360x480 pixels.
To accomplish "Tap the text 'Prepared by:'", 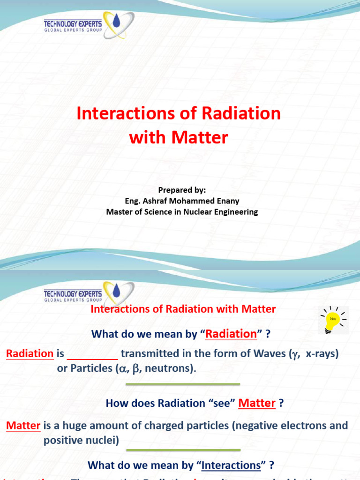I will (182, 190).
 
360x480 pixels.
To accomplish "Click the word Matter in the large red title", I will (200, 137).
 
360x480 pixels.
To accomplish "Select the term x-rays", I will (322, 354).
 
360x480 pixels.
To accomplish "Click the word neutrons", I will (169, 368).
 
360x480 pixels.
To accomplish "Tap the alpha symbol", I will (123, 369).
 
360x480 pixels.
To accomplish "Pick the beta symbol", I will (136, 369).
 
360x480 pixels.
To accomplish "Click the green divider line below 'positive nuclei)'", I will (183, 450).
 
